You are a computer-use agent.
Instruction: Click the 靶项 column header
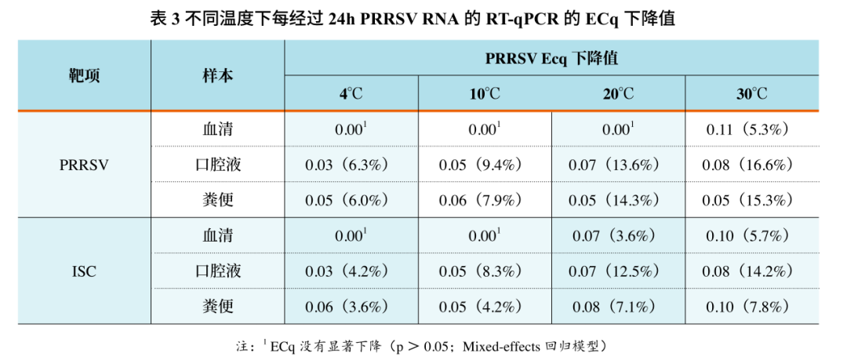tap(84, 76)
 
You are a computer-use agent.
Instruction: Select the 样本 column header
tap(217, 76)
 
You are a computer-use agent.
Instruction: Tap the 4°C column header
tap(351, 94)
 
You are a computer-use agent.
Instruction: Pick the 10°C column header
tap(485, 94)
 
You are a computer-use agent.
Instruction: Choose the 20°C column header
tap(618, 94)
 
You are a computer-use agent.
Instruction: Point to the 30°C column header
tap(751, 94)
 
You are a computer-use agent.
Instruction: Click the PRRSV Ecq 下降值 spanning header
tap(551, 59)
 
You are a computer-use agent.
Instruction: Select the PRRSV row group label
tap(84, 165)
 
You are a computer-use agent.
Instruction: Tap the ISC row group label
tap(84, 271)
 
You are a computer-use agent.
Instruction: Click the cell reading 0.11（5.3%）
tap(751, 129)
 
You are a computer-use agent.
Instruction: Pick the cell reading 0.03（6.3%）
tap(351, 165)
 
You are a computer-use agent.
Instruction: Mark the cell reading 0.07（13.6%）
tap(618, 165)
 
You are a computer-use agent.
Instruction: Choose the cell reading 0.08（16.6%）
tap(751, 165)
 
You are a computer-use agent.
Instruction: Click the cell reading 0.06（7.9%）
tap(485, 200)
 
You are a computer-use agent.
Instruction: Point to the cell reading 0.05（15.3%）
tap(751, 200)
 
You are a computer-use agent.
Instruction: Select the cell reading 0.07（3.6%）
tap(618, 235)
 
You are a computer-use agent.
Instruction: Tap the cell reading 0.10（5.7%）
tap(751, 235)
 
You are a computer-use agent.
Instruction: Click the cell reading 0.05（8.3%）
tap(485, 271)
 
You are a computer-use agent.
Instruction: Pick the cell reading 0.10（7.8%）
tap(751, 306)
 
